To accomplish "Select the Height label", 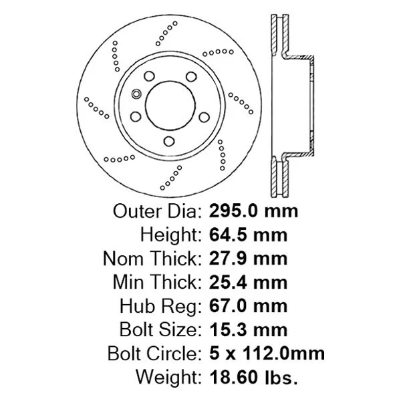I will [x=169, y=235].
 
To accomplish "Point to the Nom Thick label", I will [x=151, y=258].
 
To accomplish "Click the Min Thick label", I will [x=155, y=282].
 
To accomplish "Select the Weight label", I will [x=168, y=378].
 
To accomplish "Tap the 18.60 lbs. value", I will [x=253, y=378].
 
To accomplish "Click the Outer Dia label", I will [x=156, y=212].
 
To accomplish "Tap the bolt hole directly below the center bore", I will [x=168, y=140].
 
